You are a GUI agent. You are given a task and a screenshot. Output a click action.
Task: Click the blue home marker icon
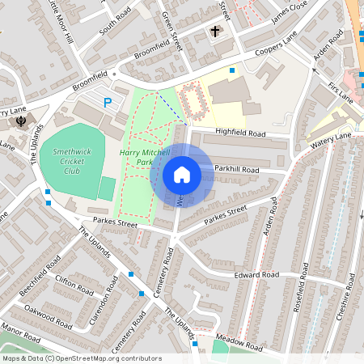pos(182,175)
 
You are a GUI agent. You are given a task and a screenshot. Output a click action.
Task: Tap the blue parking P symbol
pos(108,103)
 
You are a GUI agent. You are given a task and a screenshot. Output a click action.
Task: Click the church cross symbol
pos(215,32)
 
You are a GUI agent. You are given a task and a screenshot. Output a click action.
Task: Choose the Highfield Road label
pos(239,132)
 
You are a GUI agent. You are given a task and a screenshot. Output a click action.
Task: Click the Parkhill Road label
pos(236,170)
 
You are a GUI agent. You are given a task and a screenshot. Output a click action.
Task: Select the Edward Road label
pos(256,276)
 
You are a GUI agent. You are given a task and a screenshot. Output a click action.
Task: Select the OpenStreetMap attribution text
pos(81,358)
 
